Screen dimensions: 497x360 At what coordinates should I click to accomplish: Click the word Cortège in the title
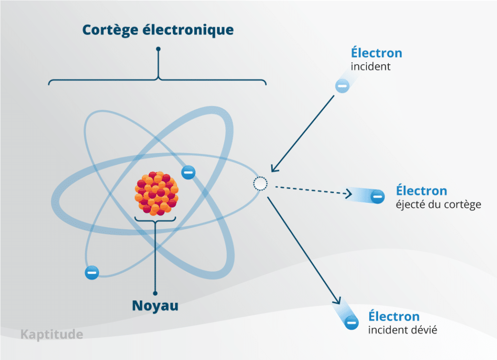pyautogui.click(x=110, y=31)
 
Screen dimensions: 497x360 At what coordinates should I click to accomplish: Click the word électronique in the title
pyautogui.click(x=188, y=30)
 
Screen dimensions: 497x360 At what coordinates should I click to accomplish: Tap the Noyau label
pyautogui.click(x=155, y=306)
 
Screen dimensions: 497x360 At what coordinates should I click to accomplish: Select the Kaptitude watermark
pyautogui.click(x=51, y=335)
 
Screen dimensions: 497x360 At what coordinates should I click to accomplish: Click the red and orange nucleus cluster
pyautogui.click(x=157, y=193)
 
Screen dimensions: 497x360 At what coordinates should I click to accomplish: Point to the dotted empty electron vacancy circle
pyautogui.click(x=260, y=184)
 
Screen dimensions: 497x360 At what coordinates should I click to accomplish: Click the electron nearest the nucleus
pyautogui.click(x=188, y=172)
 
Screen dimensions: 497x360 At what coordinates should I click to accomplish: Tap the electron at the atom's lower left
pyautogui.click(x=92, y=273)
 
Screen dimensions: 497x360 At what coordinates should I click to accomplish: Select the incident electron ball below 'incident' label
pyautogui.click(x=342, y=86)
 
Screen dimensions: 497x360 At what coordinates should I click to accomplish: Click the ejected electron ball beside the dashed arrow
pyautogui.click(x=377, y=196)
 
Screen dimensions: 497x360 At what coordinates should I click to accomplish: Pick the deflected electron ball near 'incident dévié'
pyautogui.click(x=351, y=323)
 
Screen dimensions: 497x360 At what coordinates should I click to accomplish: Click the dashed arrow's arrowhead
pyautogui.click(x=348, y=193)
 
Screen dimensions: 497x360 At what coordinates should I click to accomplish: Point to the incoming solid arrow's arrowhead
pyautogui.click(x=274, y=168)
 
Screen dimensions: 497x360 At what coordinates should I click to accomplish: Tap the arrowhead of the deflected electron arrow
pyautogui.click(x=337, y=300)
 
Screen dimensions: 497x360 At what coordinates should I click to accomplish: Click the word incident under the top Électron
pyautogui.click(x=370, y=67)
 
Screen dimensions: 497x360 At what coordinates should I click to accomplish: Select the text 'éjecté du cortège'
pyautogui.click(x=438, y=205)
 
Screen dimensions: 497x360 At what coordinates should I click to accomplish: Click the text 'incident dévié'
pyautogui.click(x=402, y=330)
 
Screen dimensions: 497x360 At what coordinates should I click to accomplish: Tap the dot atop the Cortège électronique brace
pyautogui.click(x=158, y=49)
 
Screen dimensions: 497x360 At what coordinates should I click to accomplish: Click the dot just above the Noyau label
pyautogui.click(x=155, y=293)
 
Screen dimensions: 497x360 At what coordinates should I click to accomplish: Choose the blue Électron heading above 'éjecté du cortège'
pyautogui.click(x=422, y=190)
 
